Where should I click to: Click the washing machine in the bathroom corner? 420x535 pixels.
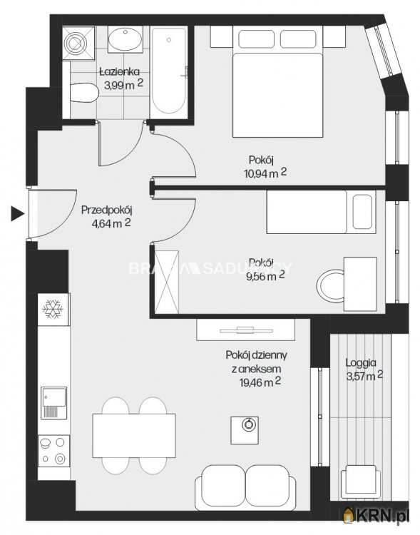(x=76, y=42)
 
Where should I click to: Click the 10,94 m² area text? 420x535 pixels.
(x=264, y=172)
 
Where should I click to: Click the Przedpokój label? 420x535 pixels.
(x=107, y=210)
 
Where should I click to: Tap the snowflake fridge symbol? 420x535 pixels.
(x=53, y=308)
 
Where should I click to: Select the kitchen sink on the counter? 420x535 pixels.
(x=53, y=402)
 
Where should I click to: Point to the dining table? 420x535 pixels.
(x=135, y=436)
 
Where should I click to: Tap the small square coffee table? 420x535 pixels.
(x=247, y=426)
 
